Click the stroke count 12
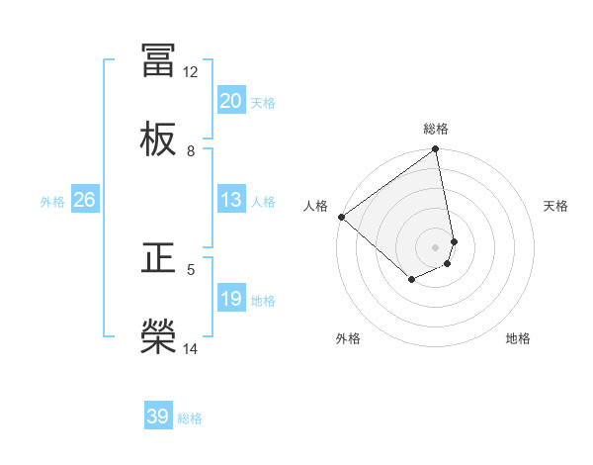coord(191,71)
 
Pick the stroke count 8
coord(191,150)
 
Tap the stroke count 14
coord(191,348)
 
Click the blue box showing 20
coord(231,101)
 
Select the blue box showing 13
coord(231,200)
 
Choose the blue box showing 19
coord(231,299)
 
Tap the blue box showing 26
coord(84,200)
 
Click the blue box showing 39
coord(158,418)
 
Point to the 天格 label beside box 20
coord(263,102)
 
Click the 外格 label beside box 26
coord(52,201)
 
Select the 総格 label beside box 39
coord(190,418)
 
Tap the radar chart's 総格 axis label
coord(436,129)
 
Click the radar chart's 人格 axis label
coord(315,206)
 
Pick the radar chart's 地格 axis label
coord(518,338)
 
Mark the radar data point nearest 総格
coord(436,150)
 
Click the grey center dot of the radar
coord(436,246)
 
